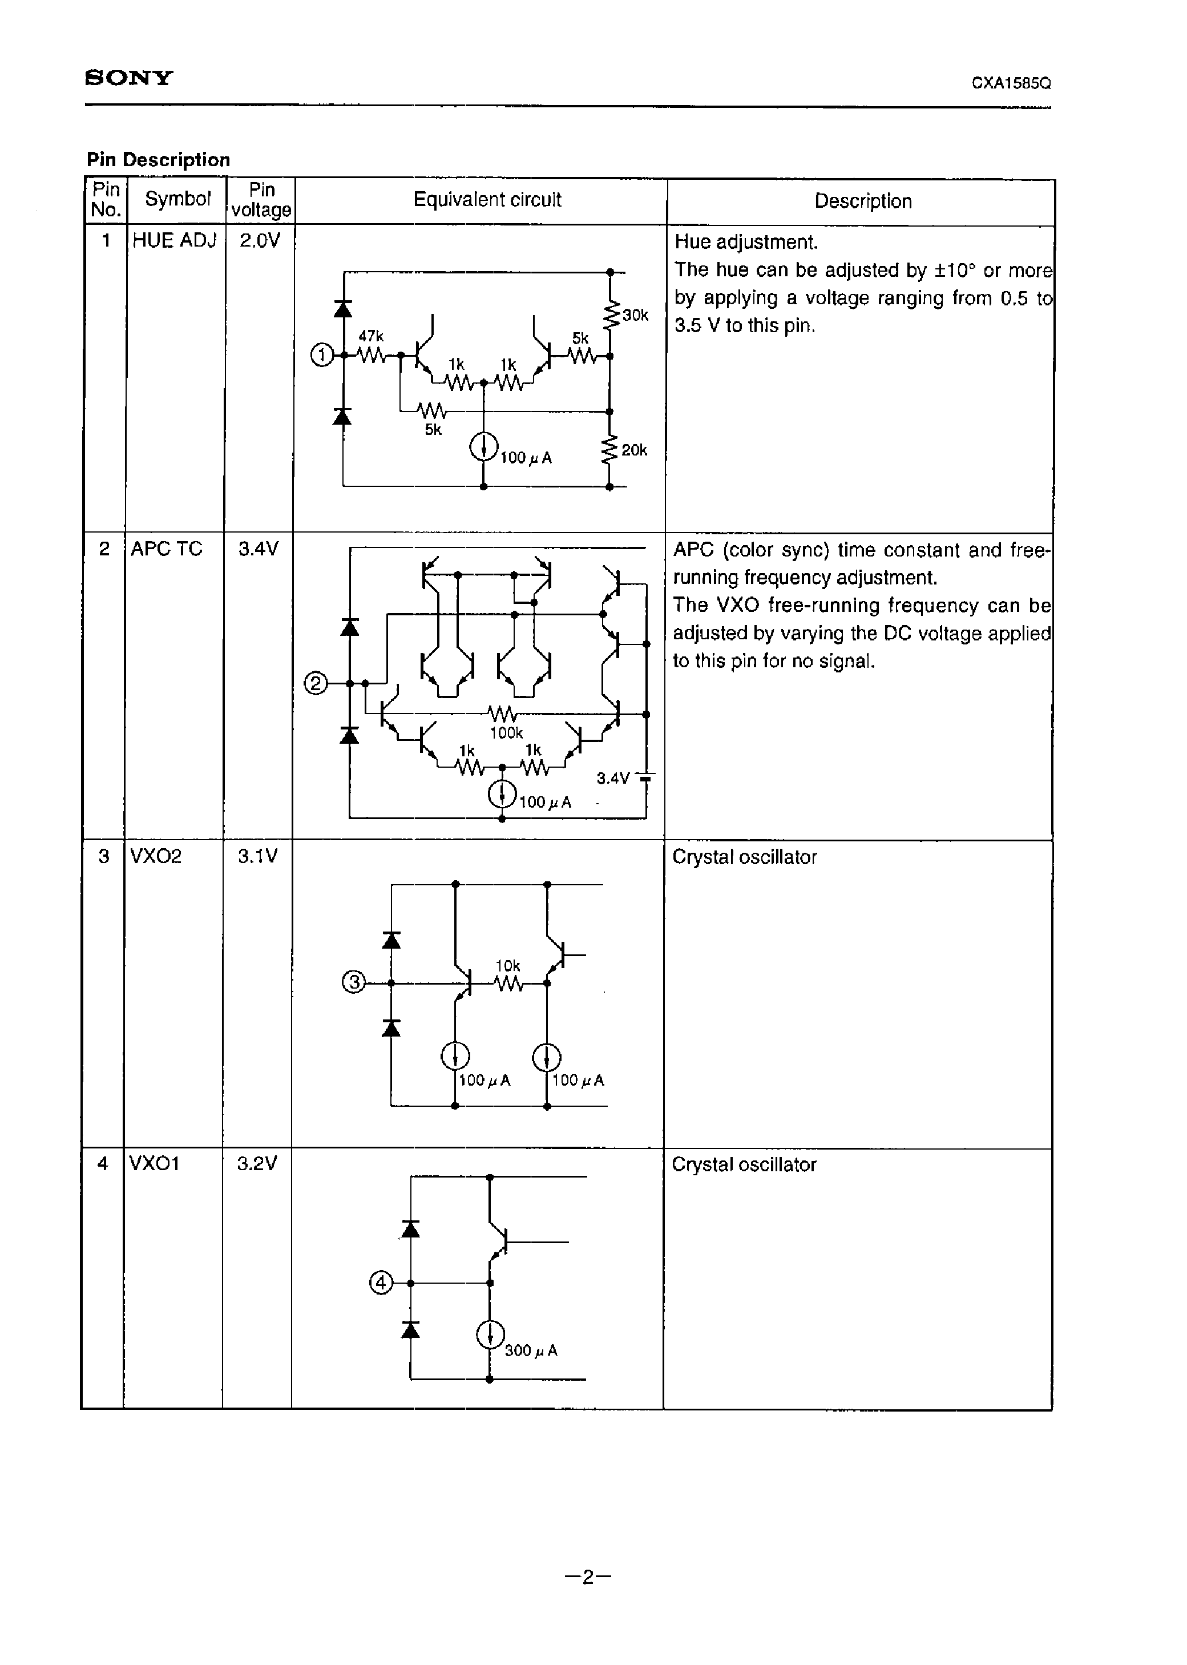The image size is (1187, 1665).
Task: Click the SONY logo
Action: coord(130,78)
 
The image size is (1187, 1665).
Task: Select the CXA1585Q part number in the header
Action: coord(1011,83)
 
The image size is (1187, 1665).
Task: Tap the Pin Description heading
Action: coord(158,159)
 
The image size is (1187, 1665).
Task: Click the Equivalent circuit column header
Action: coord(487,200)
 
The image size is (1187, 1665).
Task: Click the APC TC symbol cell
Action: coord(166,549)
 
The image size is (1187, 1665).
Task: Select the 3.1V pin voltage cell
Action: coord(257,856)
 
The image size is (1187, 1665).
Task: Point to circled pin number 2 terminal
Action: coord(316,684)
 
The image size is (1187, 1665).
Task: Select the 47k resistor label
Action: coord(370,336)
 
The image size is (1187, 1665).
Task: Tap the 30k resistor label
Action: coord(635,315)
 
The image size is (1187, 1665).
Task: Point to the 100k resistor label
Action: coord(506,732)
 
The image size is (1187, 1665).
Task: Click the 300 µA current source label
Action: coord(531,1350)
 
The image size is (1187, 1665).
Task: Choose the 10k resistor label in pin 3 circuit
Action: coord(508,966)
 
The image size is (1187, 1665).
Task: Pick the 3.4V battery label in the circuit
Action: coord(612,779)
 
